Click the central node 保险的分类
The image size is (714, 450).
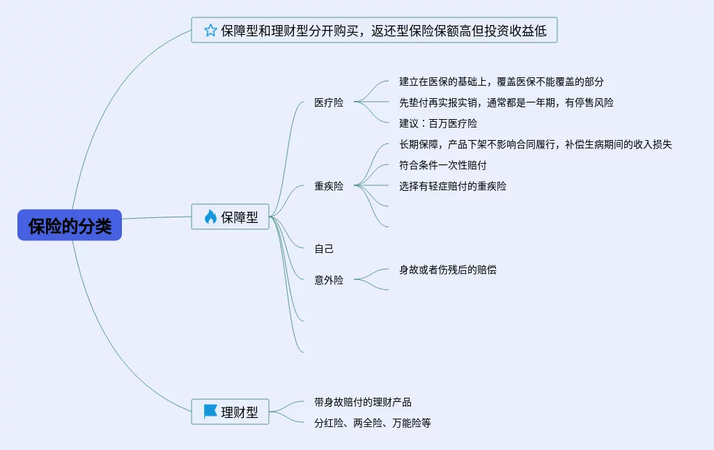coord(70,226)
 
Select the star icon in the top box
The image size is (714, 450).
coord(210,30)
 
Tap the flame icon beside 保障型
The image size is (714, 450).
coord(210,217)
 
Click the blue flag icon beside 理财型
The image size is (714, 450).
coord(210,412)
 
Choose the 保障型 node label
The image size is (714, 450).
coord(240,217)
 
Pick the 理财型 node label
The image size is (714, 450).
coord(240,412)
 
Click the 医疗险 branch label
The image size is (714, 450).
coord(329,103)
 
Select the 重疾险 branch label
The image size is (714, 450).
coord(329,186)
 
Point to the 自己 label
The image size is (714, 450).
coord(324,249)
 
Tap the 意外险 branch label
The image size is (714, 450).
coord(329,280)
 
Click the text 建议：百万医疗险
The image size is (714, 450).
coord(438,123)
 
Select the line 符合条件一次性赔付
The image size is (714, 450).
coord(442,165)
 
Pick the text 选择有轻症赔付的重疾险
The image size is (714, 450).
coord(453,186)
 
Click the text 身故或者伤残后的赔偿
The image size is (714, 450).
coord(448,270)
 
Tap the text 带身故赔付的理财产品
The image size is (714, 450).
coord(363,402)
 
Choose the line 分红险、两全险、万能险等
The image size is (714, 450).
coord(373,423)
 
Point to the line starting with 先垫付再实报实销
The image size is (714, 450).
coord(506,102)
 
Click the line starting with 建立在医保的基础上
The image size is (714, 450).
coord(501,82)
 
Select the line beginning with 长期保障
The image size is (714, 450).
coord(535,144)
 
